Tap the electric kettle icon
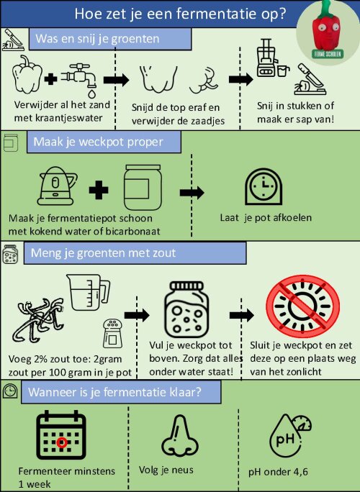coord(57,186)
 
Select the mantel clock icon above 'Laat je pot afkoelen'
coord(264,187)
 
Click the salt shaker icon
coord(112,333)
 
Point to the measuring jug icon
coord(88,293)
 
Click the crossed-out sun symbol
coord(302,306)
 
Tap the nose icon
coord(180,435)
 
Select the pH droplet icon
coord(289,437)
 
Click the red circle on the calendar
coord(62,442)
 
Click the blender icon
coord(269,58)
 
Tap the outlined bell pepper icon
coord(27,74)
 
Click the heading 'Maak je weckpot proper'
coord(98,142)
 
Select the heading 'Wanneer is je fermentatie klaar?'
coord(114,392)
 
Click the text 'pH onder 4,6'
coord(278,472)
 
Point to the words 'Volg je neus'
coord(166,470)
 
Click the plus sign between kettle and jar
coord(99,190)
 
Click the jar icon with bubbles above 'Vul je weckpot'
coord(186,310)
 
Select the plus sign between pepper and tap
coord(51,79)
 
